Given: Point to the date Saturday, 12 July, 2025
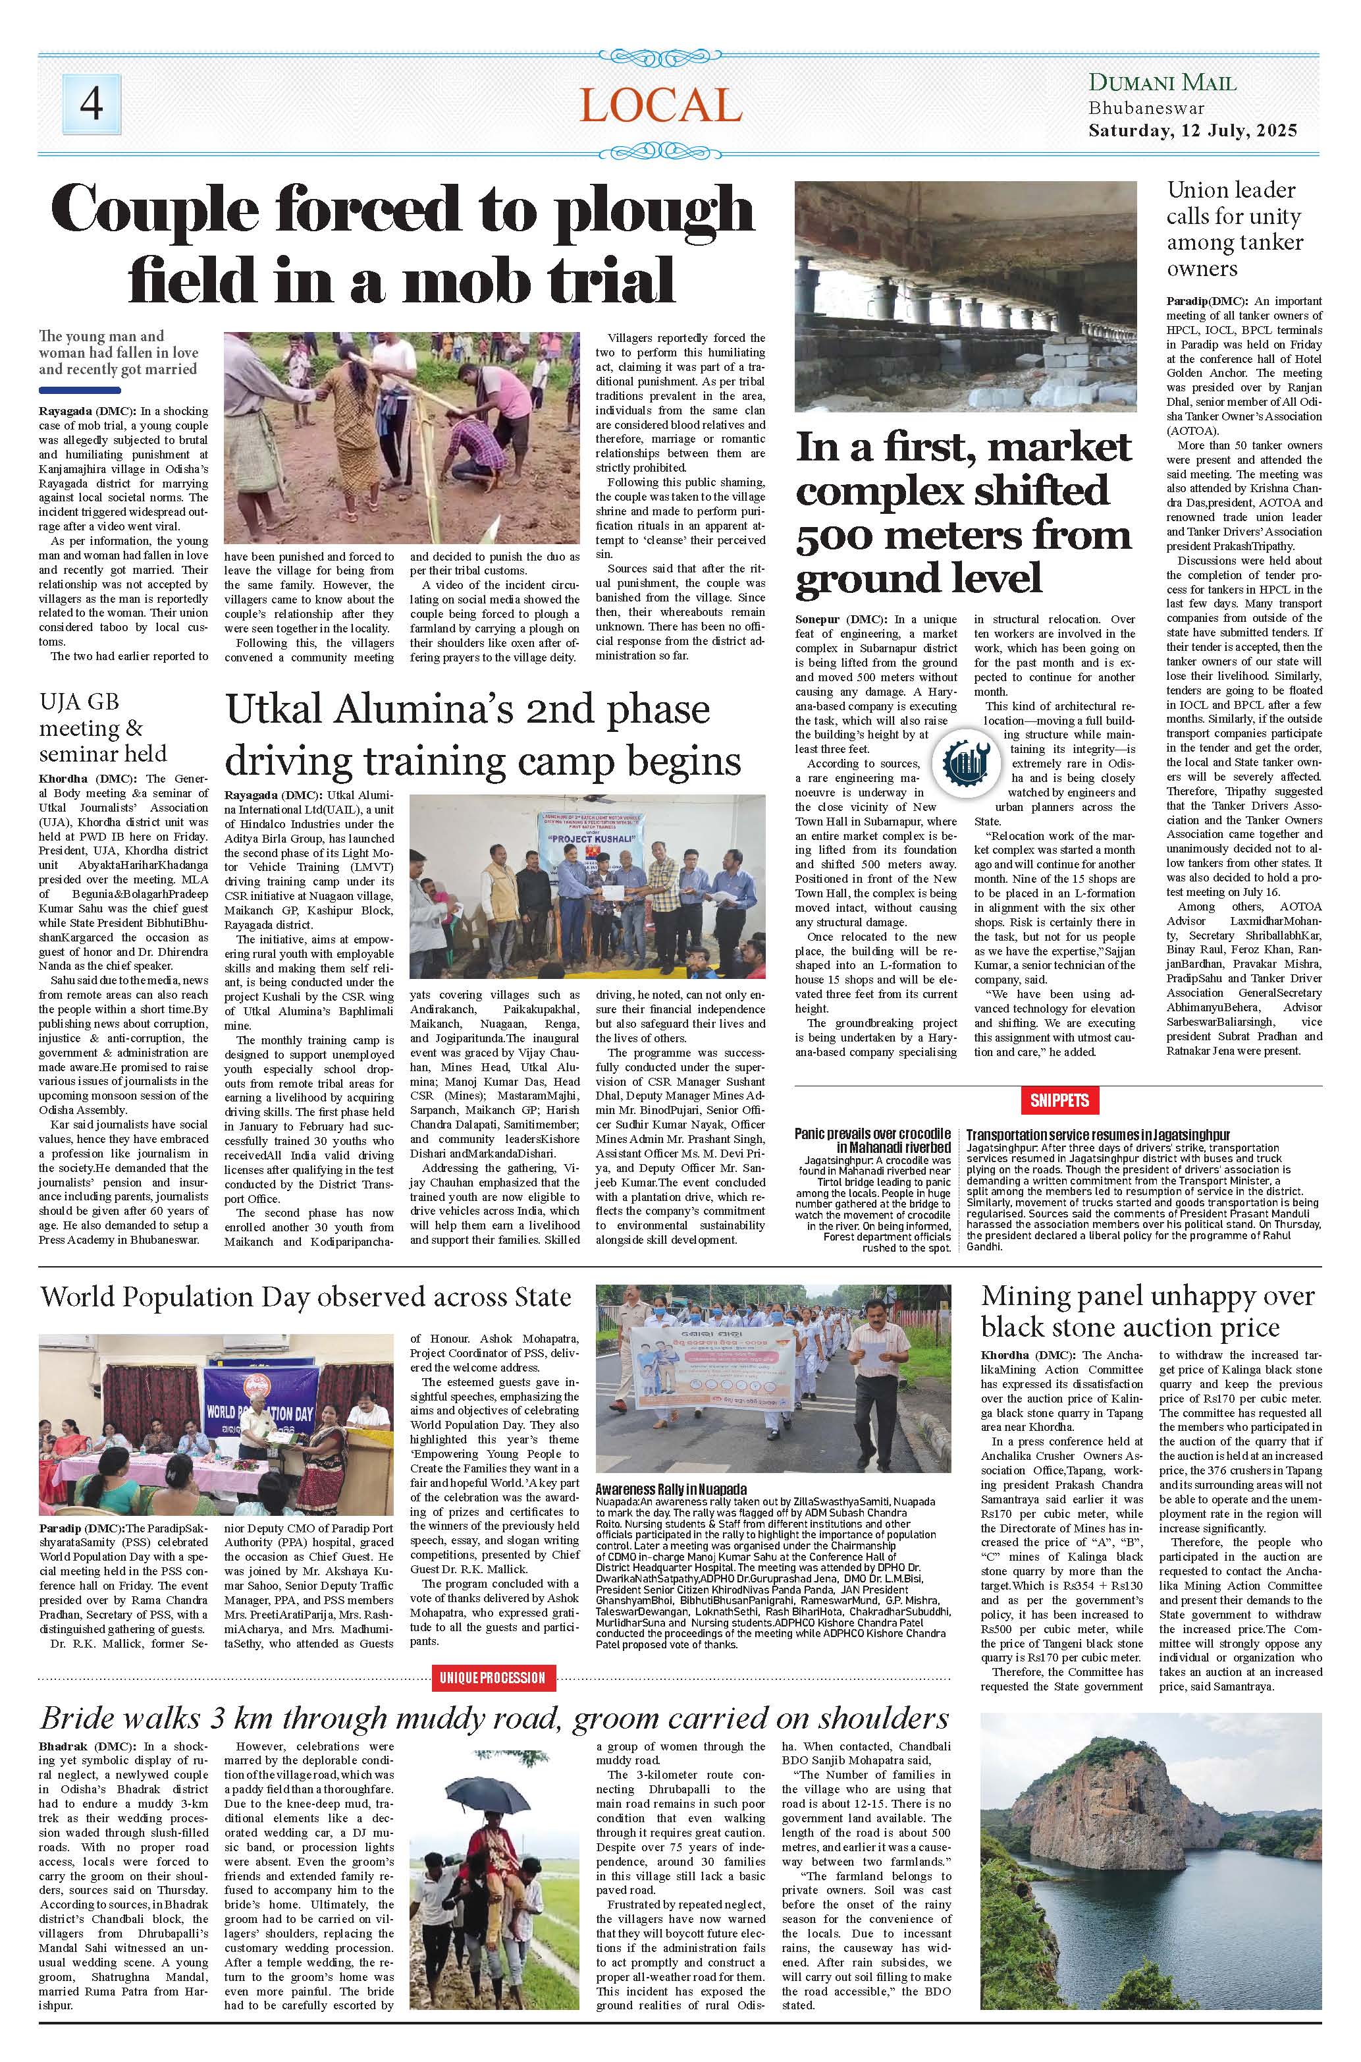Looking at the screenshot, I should [1192, 132].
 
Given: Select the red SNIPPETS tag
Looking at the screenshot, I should [1060, 1100].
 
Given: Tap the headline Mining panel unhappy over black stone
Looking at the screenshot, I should [1148, 1311].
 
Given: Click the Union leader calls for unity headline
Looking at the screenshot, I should [1233, 229].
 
